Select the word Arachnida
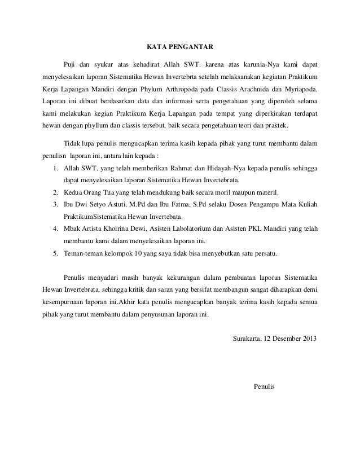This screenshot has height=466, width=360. [264, 89]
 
